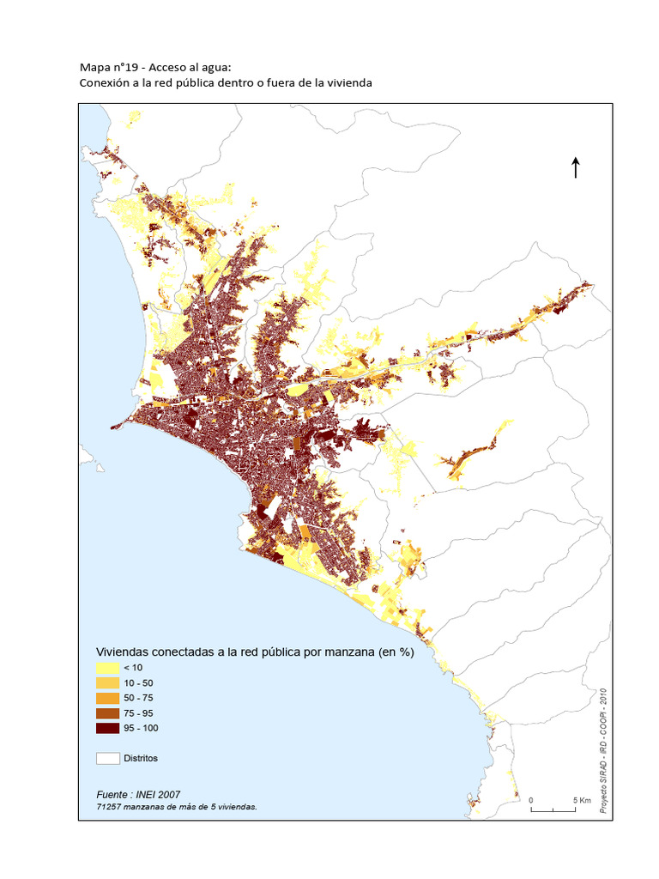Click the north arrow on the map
point(575,167)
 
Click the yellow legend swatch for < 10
point(107,667)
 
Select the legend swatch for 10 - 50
point(107,682)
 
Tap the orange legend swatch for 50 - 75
point(107,698)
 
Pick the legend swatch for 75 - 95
point(107,713)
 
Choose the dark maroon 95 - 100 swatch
point(107,729)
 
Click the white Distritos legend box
point(107,758)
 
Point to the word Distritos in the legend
point(141,758)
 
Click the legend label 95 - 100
point(142,729)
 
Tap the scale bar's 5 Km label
point(581,800)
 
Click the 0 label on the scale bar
point(531,800)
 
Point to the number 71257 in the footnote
point(109,807)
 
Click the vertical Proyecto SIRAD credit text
point(603,751)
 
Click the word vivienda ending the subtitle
point(348,83)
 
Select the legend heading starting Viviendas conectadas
point(254,652)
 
